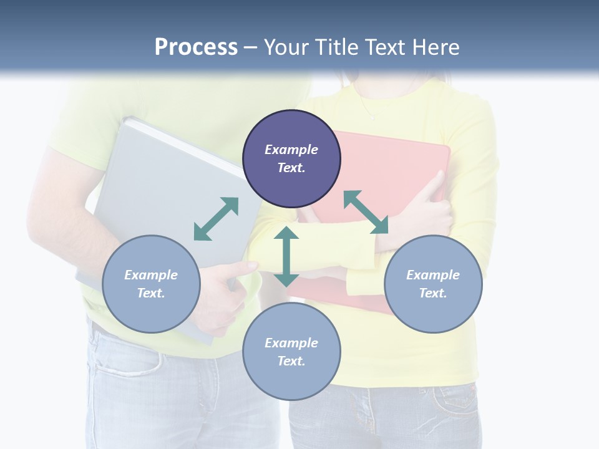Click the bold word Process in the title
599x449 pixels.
pyautogui.click(x=196, y=47)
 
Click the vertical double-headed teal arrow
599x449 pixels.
pyautogui.click(x=286, y=256)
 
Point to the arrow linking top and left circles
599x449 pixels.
pyautogui.click(x=216, y=219)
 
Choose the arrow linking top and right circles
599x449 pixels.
pyautogui.click(x=366, y=212)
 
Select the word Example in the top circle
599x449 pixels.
pyautogui.click(x=291, y=150)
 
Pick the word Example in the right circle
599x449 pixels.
pyautogui.click(x=433, y=275)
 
